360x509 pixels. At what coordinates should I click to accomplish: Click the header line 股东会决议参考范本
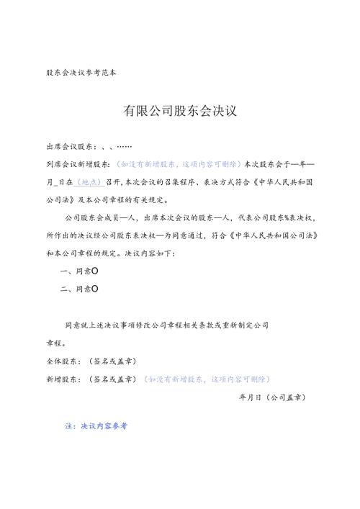tap(80, 73)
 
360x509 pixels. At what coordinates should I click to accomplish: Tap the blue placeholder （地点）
tap(91, 183)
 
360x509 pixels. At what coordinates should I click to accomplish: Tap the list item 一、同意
tap(81, 271)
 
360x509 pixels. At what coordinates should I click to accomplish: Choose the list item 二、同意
tap(81, 289)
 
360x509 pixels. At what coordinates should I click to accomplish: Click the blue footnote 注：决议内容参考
tap(96, 426)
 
